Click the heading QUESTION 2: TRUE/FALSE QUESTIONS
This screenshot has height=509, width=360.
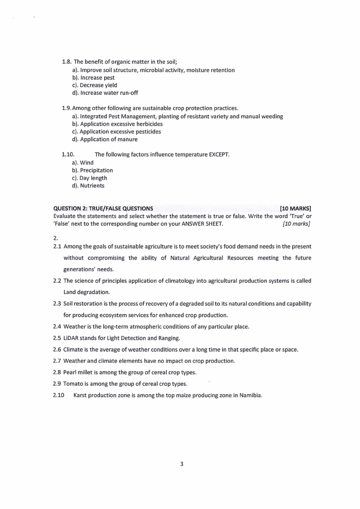point(103,209)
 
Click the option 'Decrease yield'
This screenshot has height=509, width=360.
point(98,85)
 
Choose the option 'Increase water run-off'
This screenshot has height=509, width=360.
point(109,93)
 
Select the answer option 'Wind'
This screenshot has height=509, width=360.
point(87,162)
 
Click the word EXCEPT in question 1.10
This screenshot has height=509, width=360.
point(219,155)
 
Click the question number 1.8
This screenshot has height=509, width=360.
point(66,62)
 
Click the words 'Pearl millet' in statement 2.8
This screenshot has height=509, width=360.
point(79,372)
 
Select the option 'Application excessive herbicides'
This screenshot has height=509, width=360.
point(121,124)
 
